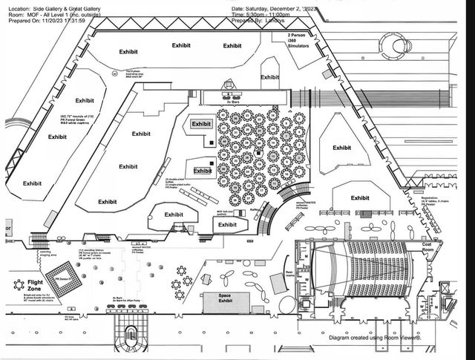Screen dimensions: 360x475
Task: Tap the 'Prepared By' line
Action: pos(263,20)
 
